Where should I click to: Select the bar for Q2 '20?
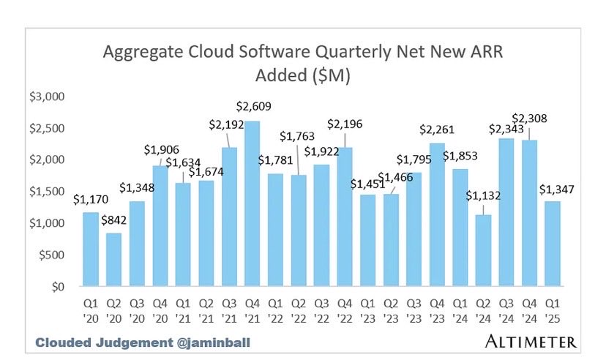coord(113,259)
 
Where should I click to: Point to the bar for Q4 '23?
coord(437,214)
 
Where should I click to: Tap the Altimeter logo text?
coord(530,341)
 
